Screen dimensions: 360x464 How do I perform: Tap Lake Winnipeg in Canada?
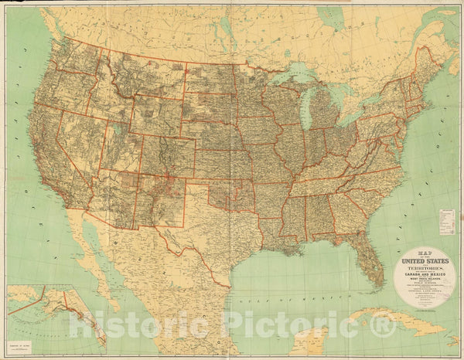pyautogui.click(x=224, y=23)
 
